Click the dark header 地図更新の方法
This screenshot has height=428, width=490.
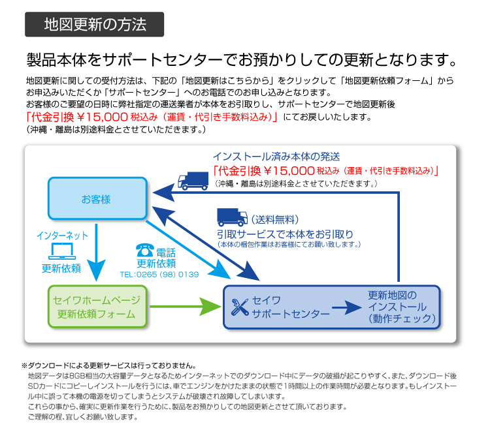(x=94, y=25)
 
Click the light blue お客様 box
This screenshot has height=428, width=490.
(x=95, y=199)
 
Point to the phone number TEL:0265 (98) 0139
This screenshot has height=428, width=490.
(x=159, y=275)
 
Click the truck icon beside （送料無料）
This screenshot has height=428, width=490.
(x=231, y=217)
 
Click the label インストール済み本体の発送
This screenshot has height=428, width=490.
(x=276, y=157)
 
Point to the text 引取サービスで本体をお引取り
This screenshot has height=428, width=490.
(x=285, y=234)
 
